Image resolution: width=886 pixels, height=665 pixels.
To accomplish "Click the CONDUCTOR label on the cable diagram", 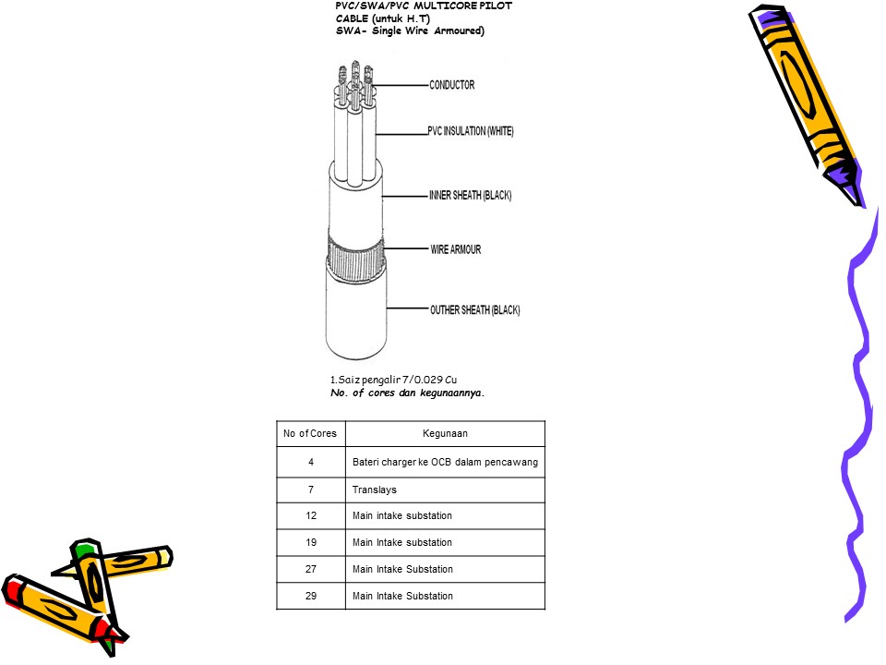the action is (451, 85).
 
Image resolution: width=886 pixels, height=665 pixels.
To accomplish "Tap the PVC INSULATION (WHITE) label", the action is (470, 131).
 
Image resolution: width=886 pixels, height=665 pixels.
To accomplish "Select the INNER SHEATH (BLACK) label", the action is (470, 195).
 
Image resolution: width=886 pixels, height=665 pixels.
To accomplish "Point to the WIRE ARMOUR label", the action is (455, 249).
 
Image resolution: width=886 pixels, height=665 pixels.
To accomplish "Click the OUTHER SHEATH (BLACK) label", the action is (474, 310).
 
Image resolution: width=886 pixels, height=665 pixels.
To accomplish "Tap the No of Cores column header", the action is (310, 434).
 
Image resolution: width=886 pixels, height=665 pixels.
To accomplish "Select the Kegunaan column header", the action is (445, 434).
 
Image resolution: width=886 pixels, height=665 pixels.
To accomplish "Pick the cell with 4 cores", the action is (311, 462).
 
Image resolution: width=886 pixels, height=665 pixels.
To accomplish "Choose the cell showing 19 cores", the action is (311, 542).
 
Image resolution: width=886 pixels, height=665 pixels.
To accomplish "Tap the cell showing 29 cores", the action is (311, 596).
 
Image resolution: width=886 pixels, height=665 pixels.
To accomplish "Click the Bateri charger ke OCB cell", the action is (445, 462).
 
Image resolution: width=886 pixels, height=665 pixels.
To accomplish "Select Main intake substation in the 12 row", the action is (402, 515).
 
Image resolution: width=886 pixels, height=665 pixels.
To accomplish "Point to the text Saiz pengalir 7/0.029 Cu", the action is (393, 380).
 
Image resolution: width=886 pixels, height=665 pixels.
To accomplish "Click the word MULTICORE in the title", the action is (446, 6).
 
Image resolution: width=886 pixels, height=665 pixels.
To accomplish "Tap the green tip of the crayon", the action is (85, 548).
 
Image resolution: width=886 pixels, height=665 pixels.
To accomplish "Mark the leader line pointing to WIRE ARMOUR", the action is (406, 248).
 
